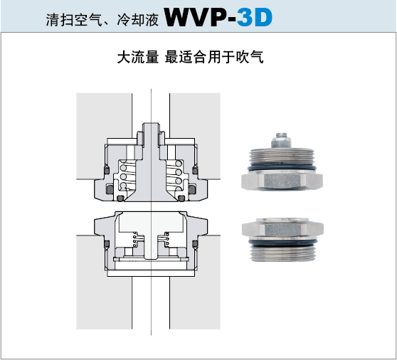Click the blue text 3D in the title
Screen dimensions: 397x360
click(x=255, y=17)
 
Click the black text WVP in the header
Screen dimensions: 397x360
click(x=197, y=17)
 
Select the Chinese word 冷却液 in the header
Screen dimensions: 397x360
click(x=138, y=20)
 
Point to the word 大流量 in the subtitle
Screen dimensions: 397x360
click(x=138, y=57)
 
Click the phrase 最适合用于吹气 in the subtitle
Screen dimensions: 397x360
click(x=214, y=57)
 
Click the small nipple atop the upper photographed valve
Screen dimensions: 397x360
click(x=281, y=140)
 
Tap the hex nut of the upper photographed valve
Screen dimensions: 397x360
click(x=282, y=181)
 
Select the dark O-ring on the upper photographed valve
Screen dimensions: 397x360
click(x=282, y=168)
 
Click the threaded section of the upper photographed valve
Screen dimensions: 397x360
click(x=282, y=155)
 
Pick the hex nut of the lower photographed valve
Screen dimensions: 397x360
click(x=282, y=228)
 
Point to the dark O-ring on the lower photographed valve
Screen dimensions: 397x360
click(x=282, y=243)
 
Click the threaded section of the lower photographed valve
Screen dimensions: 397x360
click(x=282, y=253)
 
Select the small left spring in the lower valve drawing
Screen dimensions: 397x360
click(x=135, y=239)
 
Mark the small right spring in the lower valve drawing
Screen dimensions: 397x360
click(x=166, y=239)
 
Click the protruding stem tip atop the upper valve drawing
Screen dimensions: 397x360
click(x=151, y=129)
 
